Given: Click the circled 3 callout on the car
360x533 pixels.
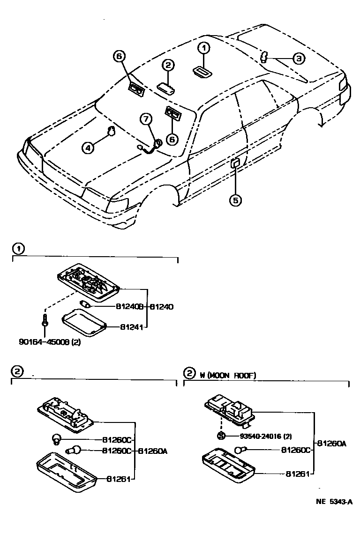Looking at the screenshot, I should tap(298, 58).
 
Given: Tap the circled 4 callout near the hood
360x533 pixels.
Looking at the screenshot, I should tap(88, 148).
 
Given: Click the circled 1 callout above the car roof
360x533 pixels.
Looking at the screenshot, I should tap(203, 47).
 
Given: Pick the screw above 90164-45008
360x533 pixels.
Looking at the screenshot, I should tap(44, 322).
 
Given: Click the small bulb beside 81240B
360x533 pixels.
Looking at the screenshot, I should tap(86, 305).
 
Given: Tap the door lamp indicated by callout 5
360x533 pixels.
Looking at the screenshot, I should tap(234, 163).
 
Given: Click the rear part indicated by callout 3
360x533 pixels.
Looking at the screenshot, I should tap(263, 57).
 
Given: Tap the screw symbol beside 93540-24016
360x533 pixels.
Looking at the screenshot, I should tap(221, 436).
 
